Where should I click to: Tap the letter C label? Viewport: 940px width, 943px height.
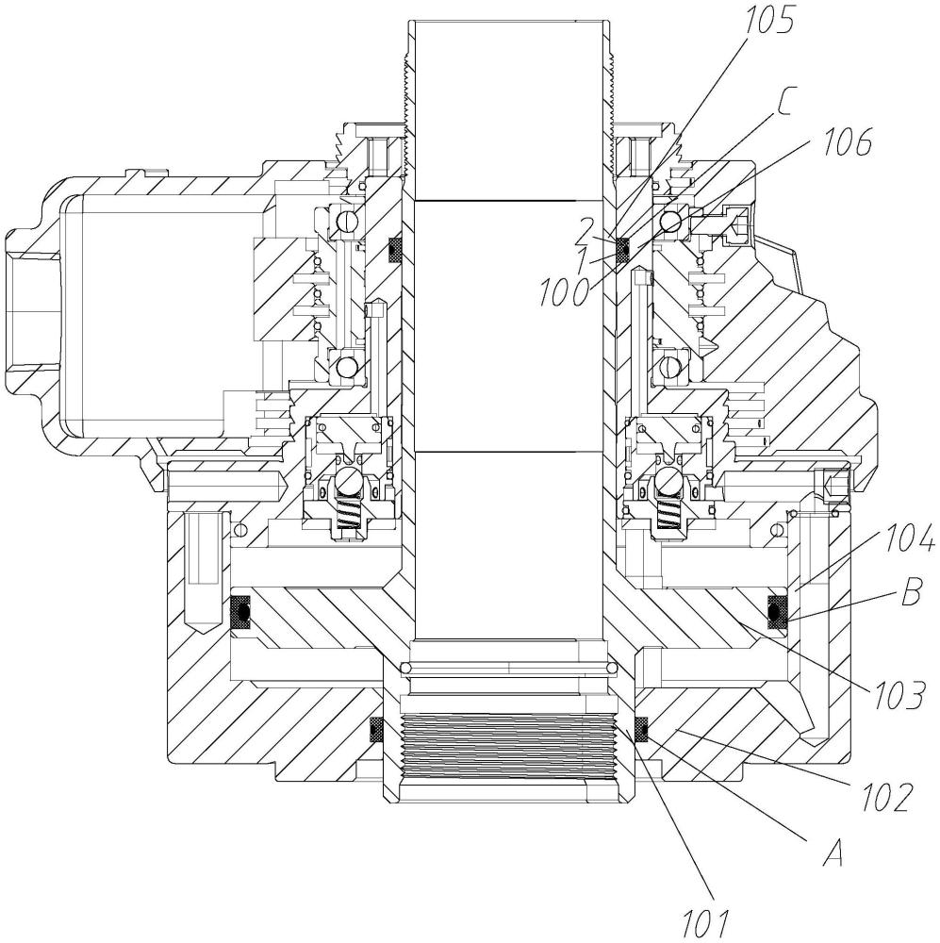tap(788, 102)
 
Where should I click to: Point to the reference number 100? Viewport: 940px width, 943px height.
tap(564, 291)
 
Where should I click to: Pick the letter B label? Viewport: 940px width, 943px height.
tap(911, 592)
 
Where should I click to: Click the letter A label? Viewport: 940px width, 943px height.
tap(832, 852)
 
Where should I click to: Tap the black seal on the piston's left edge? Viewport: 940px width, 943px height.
tap(241, 613)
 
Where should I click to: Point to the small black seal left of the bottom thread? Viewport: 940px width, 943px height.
tap(376, 729)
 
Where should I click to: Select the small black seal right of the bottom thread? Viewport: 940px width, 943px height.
tap(642, 729)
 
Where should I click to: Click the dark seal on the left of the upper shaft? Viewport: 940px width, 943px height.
tap(395, 249)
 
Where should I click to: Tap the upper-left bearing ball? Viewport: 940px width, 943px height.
tap(347, 222)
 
